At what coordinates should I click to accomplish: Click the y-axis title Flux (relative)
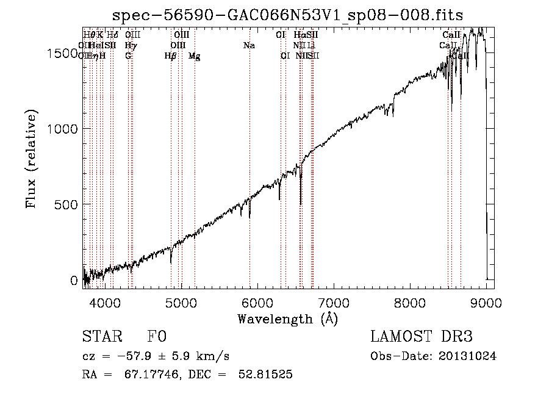[31, 159]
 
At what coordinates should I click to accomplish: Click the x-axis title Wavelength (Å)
[287, 318]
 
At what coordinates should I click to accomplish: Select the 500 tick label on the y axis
[68, 204]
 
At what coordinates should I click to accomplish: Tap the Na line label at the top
[248, 45]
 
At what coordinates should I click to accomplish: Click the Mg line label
[194, 56]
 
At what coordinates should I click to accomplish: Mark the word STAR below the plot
[101, 337]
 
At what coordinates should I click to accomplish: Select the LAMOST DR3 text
[422, 337]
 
